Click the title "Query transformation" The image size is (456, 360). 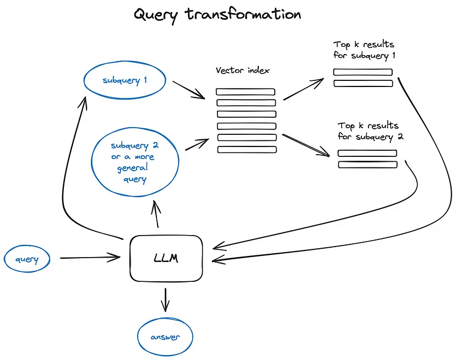coord(218,14)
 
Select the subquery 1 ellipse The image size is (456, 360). coord(124,80)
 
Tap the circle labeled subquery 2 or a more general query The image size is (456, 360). coord(135,162)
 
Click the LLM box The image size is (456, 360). coord(166,258)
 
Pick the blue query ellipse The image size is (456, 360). coord(26,259)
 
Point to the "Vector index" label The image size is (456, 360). coord(243,71)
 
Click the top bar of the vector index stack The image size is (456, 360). coord(245,91)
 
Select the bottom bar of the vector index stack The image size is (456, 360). coord(245,149)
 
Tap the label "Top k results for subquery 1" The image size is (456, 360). coord(363,50)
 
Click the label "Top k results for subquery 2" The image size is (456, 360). coord(370,131)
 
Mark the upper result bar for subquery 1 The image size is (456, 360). coord(362,72)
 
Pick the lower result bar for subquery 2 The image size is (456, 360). coord(367,165)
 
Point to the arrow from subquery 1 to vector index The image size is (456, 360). coord(188,90)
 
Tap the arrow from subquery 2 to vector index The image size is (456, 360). coord(197,144)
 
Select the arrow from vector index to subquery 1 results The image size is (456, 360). coord(303,89)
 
